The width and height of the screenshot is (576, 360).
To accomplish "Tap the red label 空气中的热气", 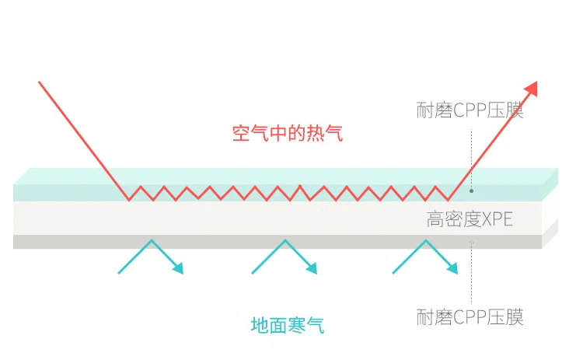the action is [x=288, y=133].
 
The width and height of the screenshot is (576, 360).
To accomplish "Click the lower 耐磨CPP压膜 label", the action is [x=470, y=316].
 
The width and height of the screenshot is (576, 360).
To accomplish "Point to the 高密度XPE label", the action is [x=470, y=218].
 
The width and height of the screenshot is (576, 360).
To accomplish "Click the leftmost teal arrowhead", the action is [x=178, y=268].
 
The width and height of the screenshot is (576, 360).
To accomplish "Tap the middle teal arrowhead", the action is [x=312, y=268].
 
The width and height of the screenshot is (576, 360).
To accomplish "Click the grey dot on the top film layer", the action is [x=471, y=190].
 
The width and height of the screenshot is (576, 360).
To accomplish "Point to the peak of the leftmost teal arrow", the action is [x=148, y=240].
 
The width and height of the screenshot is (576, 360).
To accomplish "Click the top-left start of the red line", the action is [x=39, y=82].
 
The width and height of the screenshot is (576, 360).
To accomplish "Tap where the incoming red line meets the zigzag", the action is [x=129, y=200].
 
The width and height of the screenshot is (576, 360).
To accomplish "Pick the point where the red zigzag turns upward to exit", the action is [x=449, y=200].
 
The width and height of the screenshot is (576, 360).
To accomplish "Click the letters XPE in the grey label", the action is [x=497, y=218].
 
